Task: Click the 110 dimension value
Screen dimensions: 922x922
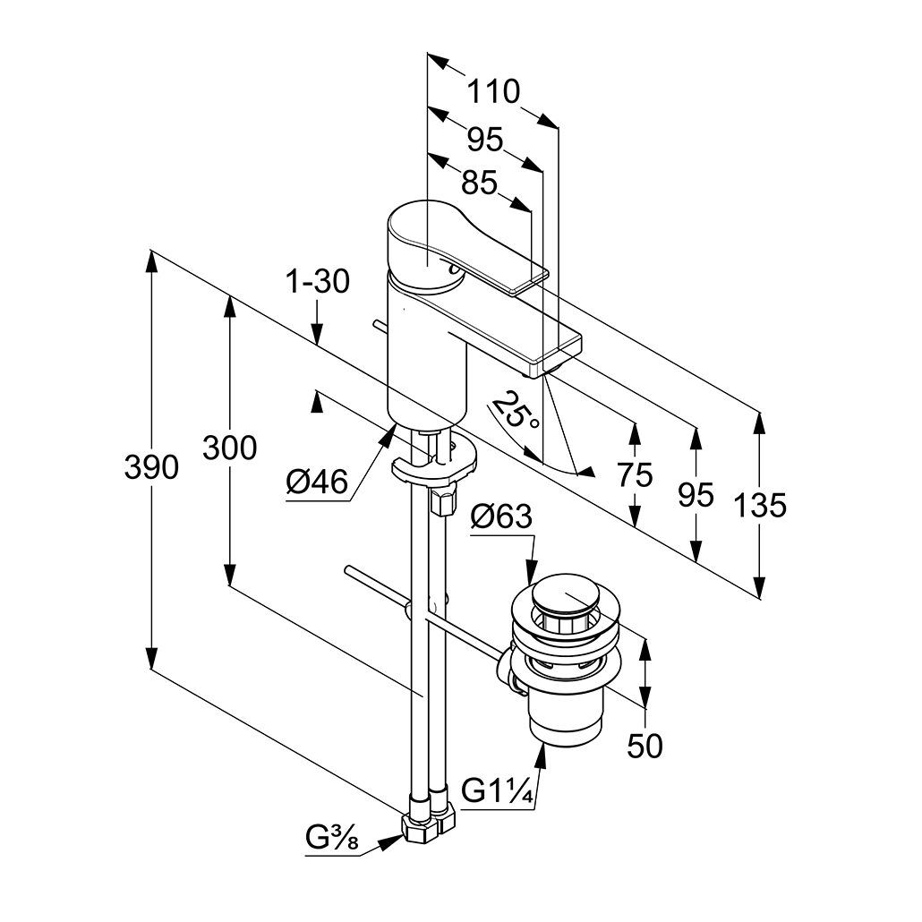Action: [x=493, y=91]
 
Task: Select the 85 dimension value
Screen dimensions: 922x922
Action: [x=479, y=184]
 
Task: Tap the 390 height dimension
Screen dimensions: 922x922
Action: [x=151, y=467]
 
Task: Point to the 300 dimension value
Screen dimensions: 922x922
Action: [x=229, y=447]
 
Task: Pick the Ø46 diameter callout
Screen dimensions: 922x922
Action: [x=317, y=482]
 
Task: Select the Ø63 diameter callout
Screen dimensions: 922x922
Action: [x=501, y=516]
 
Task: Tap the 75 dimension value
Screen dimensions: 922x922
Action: [x=635, y=474]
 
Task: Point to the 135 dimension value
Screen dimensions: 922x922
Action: [x=759, y=506]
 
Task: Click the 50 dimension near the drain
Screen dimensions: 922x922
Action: [x=645, y=745]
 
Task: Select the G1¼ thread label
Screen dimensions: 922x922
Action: [x=498, y=791]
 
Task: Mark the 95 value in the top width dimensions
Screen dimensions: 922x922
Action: [x=485, y=139]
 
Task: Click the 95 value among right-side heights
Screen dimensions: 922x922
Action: [x=696, y=494]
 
